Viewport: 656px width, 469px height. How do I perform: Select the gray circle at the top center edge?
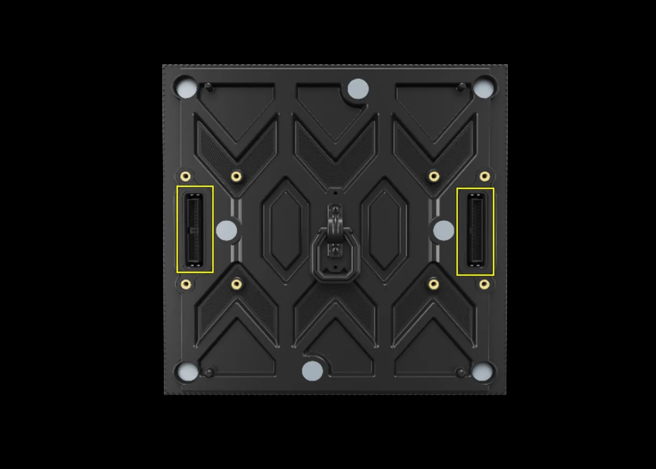coord(358,89)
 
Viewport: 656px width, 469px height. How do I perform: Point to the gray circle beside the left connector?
coord(227,230)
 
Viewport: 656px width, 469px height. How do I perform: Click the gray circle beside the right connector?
coord(443,230)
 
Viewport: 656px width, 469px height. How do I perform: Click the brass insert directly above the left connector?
coord(186,176)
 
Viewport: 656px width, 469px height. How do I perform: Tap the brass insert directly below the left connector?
coord(186,284)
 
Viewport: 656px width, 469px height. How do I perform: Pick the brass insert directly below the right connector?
coord(485,284)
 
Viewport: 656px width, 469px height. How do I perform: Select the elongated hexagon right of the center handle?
coord(384,230)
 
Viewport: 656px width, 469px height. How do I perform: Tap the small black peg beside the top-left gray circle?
coord(209,87)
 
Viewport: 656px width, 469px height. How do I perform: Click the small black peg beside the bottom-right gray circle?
coord(460,372)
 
